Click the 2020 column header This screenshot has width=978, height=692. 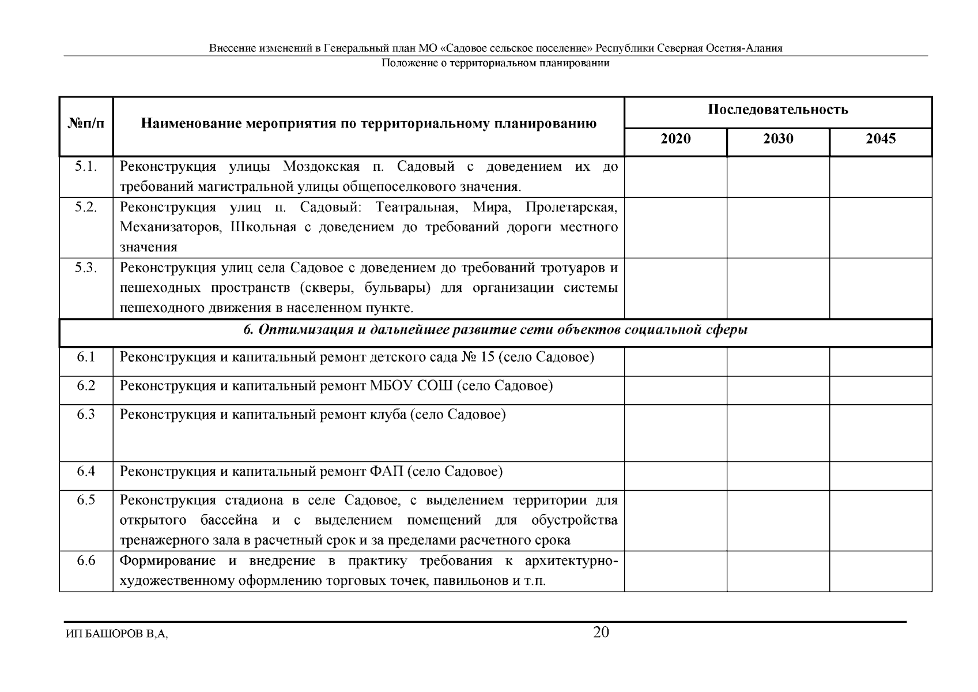(675, 139)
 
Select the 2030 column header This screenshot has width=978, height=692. (777, 139)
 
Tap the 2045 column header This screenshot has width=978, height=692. (880, 139)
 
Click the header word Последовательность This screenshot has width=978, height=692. (777, 110)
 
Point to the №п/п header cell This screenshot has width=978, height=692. (86, 123)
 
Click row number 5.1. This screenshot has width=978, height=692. (85, 167)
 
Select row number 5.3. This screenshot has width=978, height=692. (85, 268)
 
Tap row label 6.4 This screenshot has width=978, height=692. (85, 472)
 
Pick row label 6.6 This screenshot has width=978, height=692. (85, 561)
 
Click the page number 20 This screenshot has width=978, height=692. (601, 633)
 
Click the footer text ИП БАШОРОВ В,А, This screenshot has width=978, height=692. (116, 634)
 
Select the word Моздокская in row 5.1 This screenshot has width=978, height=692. (321, 167)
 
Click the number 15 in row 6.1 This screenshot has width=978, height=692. (487, 357)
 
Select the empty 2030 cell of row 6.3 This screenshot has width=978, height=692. (777, 432)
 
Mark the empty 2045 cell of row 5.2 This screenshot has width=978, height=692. (880, 227)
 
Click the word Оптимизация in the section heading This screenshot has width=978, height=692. (292, 330)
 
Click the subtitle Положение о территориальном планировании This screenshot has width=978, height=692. (495, 63)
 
